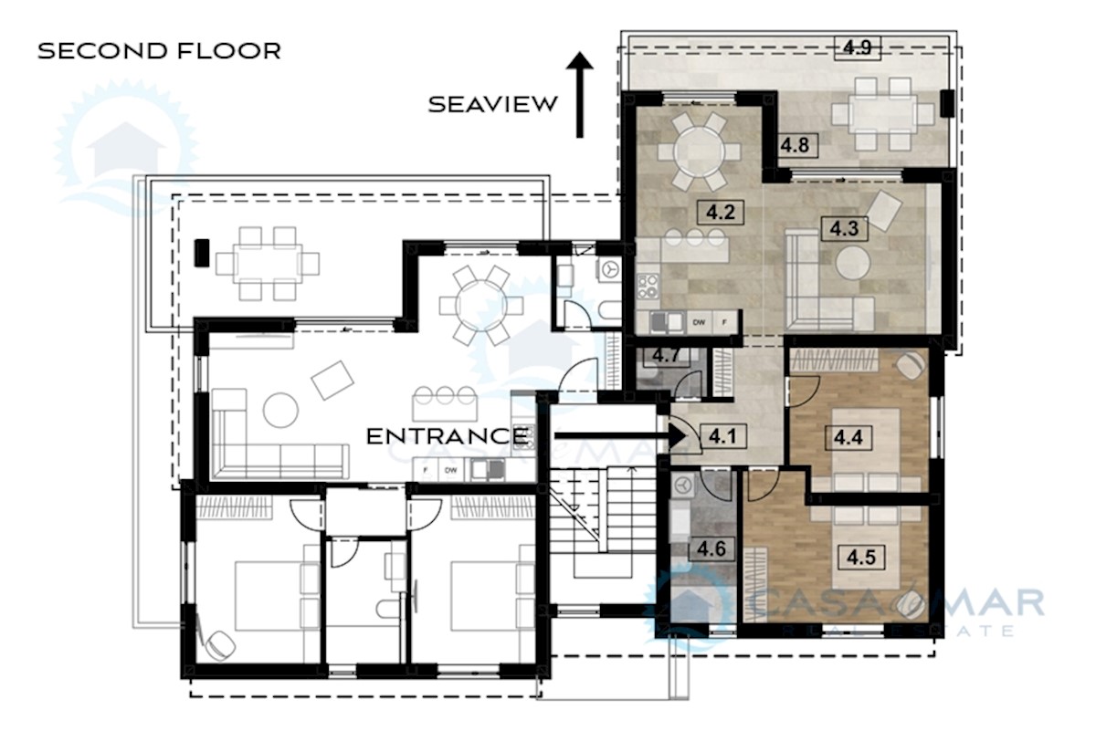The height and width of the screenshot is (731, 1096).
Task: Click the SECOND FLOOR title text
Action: coord(159,50)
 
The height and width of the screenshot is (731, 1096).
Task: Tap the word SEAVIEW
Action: coord(493,104)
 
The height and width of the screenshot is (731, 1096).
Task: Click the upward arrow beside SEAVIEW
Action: coord(579,95)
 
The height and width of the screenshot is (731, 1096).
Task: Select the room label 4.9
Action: coord(858,48)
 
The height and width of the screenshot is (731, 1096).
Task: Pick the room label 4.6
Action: coord(711,548)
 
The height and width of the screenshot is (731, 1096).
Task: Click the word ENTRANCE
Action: coord(447,436)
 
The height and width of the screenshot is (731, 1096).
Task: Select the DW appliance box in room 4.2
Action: coord(699,322)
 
